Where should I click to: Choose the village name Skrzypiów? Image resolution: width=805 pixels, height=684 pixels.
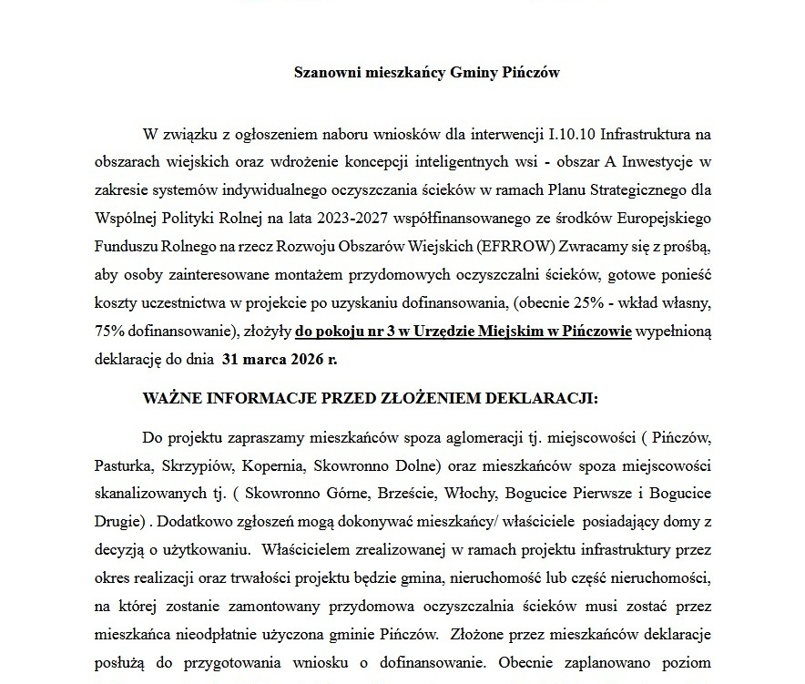pos(199,465)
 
